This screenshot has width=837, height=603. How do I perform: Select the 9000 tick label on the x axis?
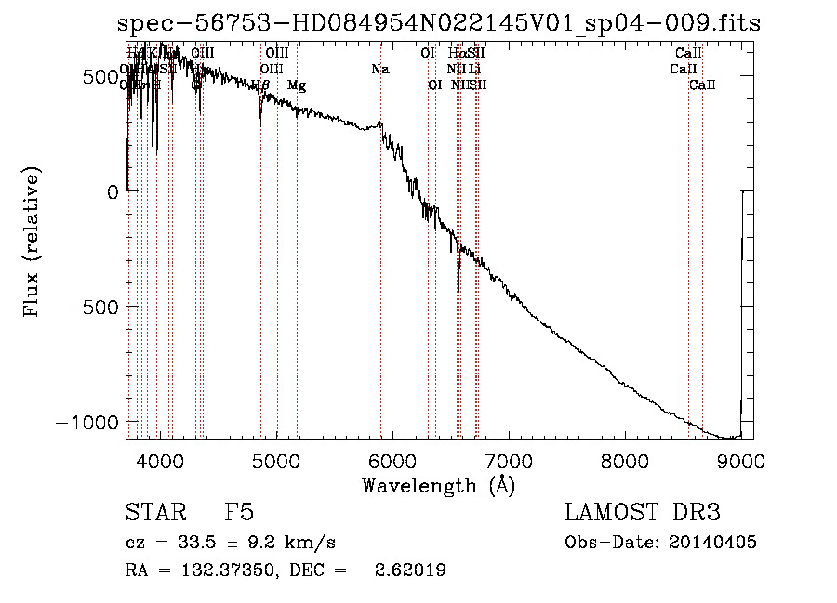point(740,460)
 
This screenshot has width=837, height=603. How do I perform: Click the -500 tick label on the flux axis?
point(97,307)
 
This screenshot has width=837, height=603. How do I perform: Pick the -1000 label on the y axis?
point(90,422)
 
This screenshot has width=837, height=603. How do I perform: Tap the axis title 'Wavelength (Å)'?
point(438,485)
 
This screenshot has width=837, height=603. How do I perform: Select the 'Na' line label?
point(379,69)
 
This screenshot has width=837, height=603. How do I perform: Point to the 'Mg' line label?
point(297,85)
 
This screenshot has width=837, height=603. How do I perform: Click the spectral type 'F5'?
point(239,513)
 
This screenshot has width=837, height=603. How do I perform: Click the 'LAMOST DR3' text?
point(642,513)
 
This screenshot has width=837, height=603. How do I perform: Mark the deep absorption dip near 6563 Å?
point(458,279)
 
